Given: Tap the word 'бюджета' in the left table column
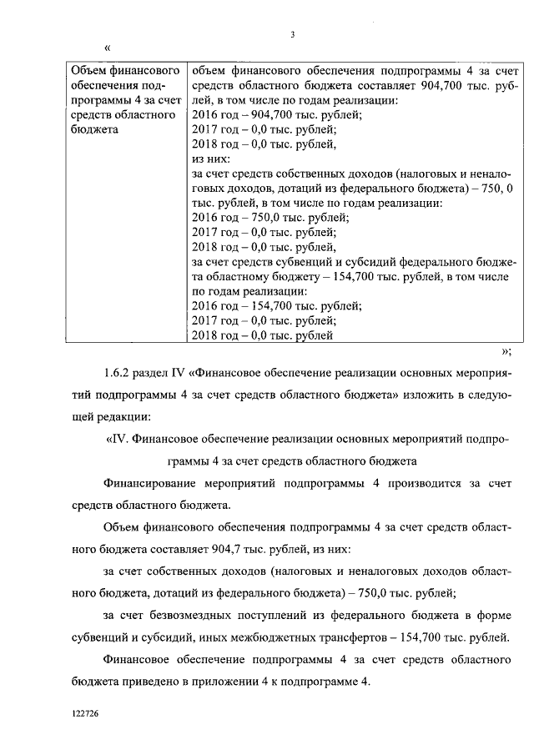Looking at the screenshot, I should click(x=95, y=129).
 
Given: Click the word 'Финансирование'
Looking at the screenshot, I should click(x=148, y=484).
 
